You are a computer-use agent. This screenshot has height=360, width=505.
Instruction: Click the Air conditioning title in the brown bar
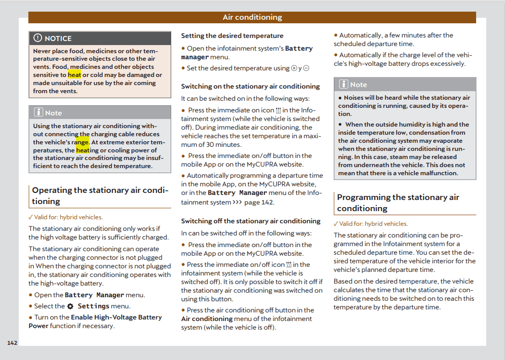(x=252, y=18)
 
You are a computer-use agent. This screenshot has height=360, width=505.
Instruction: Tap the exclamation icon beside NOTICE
(x=38, y=38)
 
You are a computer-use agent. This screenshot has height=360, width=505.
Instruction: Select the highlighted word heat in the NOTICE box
(x=74, y=75)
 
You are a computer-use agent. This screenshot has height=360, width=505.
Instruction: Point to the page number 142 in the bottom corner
(x=12, y=343)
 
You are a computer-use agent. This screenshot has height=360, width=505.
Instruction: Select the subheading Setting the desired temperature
(x=232, y=36)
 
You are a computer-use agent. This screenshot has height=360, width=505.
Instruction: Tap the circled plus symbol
(x=294, y=68)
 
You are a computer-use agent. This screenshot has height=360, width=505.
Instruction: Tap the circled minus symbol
(x=306, y=68)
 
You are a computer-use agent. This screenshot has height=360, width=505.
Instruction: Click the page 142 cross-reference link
(x=259, y=203)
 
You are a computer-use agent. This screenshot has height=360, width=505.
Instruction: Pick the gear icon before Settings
(x=70, y=306)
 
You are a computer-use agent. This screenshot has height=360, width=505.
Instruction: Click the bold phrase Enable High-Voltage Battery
(x=116, y=317)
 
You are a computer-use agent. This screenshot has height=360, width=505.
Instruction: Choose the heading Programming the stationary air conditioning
(x=398, y=203)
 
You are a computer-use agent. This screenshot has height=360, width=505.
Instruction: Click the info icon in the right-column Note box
(x=343, y=85)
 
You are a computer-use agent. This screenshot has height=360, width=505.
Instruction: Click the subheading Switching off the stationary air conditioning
(x=251, y=221)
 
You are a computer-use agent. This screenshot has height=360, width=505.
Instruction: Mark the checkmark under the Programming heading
(x=336, y=224)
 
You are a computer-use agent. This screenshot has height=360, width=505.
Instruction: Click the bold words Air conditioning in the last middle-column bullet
(x=207, y=319)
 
